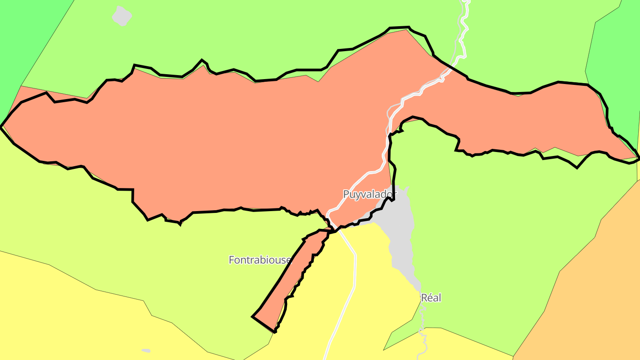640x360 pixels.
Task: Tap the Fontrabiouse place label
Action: (260, 260)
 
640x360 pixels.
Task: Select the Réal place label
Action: (431, 298)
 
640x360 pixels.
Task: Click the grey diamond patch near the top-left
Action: (122, 16)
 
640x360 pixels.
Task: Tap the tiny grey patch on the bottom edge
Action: (146, 351)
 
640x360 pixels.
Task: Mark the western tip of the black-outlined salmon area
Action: (2, 126)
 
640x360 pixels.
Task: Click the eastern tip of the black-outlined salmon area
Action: (638, 157)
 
